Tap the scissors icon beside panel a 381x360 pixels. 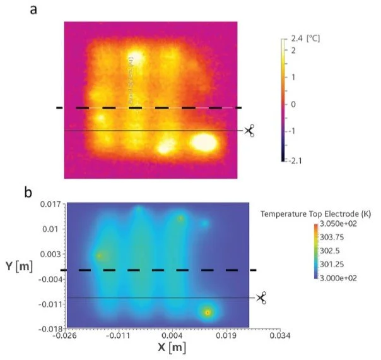point(249,131)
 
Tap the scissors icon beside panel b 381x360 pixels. point(261,297)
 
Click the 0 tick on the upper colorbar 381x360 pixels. point(293,104)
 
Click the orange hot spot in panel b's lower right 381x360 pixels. point(207,312)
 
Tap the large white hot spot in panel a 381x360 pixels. point(204,143)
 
